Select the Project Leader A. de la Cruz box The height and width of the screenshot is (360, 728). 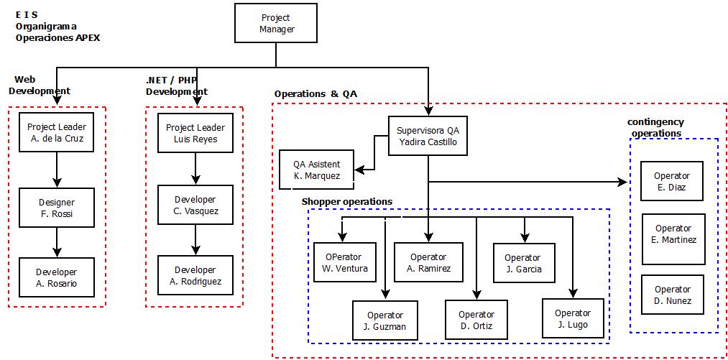pyautogui.click(x=57, y=133)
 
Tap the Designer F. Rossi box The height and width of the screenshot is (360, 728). pyautogui.click(x=57, y=208)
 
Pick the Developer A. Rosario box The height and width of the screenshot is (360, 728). pyautogui.click(x=57, y=277)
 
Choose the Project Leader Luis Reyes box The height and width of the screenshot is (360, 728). pyautogui.click(x=195, y=133)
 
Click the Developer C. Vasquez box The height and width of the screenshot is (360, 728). pyautogui.click(x=195, y=205)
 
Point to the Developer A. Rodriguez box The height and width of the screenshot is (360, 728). pyautogui.click(x=195, y=275)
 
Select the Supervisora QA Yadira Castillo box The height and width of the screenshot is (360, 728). pyautogui.click(x=428, y=136)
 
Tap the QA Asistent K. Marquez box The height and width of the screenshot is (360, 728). pyautogui.click(x=317, y=170)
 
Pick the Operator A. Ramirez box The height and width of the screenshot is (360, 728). pyautogui.click(x=428, y=262)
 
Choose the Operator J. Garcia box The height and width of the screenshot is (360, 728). pyautogui.click(x=523, y=263)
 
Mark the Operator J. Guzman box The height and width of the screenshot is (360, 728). pyautogui.click(x=384, y=320)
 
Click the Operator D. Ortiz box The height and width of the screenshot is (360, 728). pyautogui.click(x=476, y=320)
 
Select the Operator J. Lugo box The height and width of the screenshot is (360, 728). pyautogui.click(x=573, y=318)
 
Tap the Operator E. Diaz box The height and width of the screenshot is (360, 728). pyautogui.click(x=671, y=181)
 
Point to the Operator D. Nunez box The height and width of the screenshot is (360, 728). pyautogui.click(x=673, y=295)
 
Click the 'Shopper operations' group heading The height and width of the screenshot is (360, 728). pyautogui.click(x=347, y=201)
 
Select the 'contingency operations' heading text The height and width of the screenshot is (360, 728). pyautogui.click(x=655, y=127)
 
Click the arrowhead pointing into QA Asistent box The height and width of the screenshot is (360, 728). pyautogui.click(x=362, y=170)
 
